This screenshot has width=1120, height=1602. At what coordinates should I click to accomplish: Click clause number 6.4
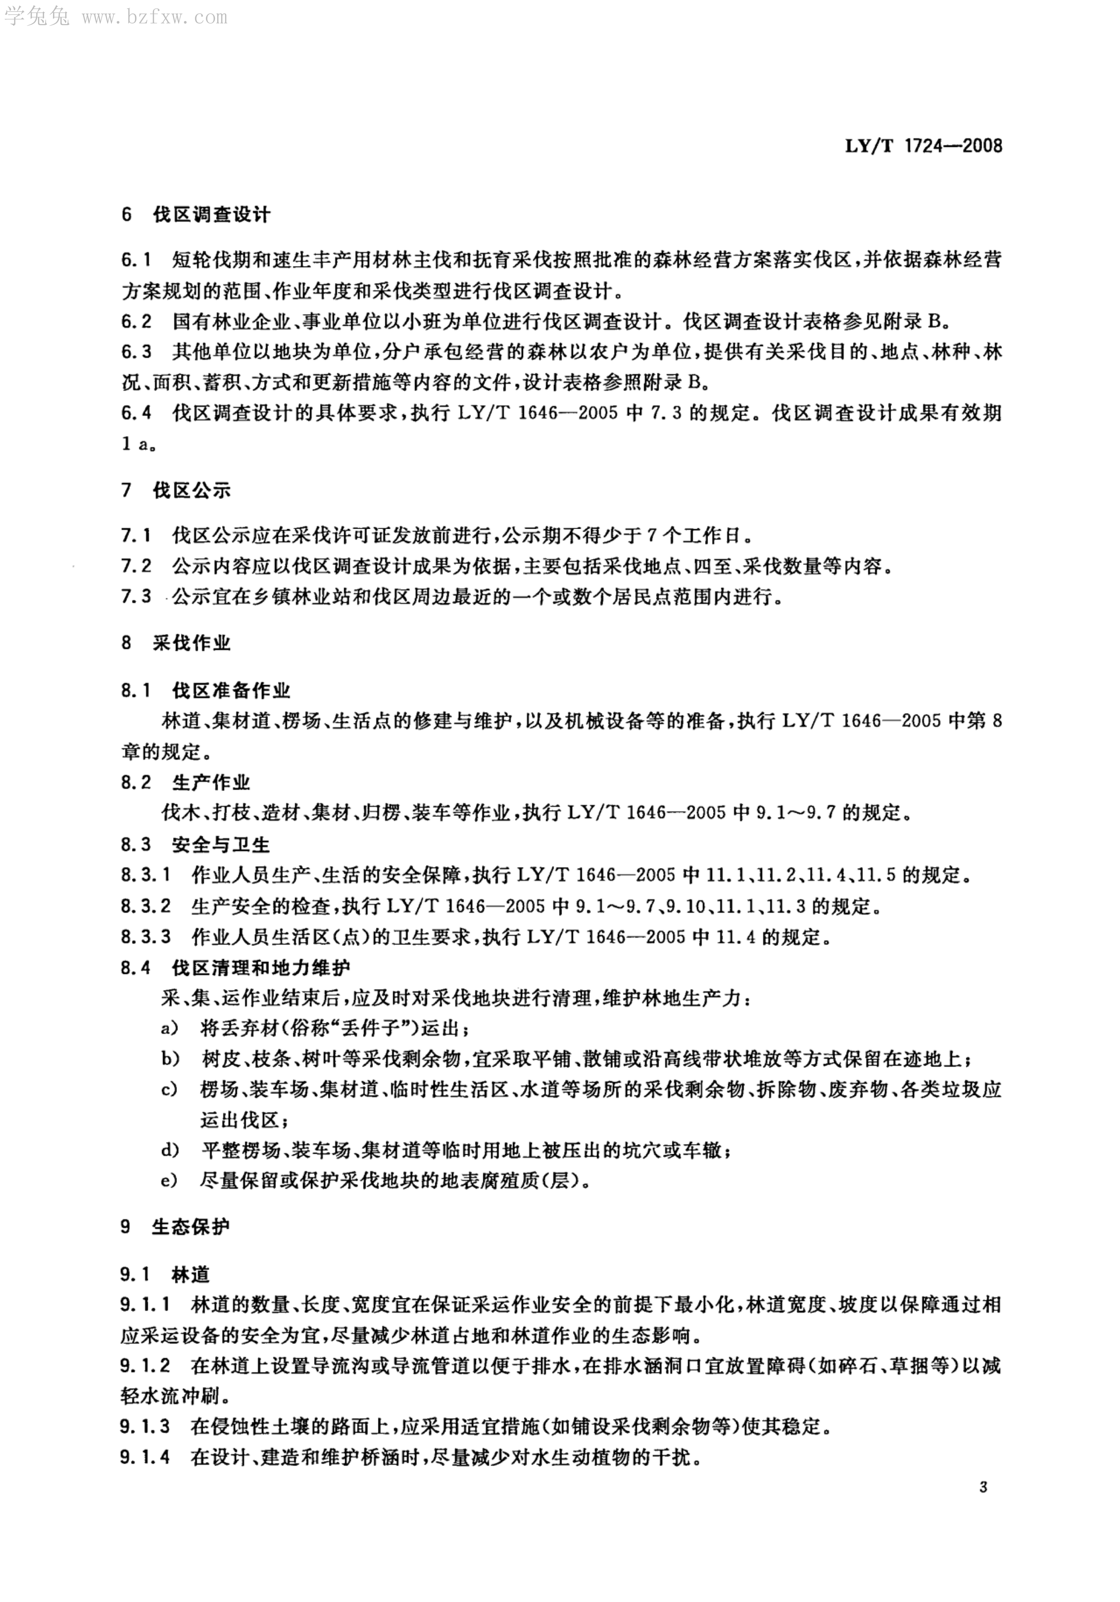[136, 413]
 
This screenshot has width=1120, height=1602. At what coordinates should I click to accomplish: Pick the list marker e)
[170, 1181]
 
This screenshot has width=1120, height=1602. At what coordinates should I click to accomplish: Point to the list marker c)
[170, 1090]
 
